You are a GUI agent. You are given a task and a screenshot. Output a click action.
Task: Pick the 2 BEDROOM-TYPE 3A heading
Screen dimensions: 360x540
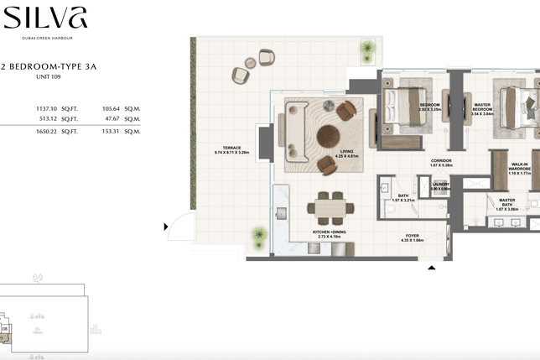pos(49,66)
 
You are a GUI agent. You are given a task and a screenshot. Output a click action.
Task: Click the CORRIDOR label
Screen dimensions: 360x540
pos(441,162)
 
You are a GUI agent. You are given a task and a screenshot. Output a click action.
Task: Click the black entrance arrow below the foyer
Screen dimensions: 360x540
pos(432,269)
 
